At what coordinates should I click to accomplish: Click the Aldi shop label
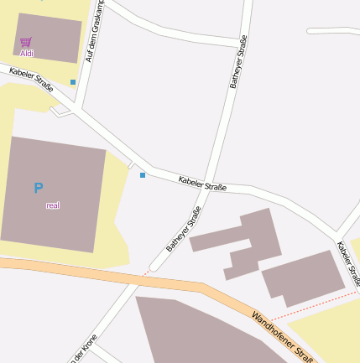(x=27, y=53)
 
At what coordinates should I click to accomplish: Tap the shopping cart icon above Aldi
(x=27, y=41)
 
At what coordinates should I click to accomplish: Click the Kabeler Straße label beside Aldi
(x=31, y=79)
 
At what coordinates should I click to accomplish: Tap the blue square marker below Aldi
(x=73, y=82)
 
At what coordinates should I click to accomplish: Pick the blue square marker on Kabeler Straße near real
(x=143, y=175)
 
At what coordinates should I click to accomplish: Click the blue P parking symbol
(x=38, y=189)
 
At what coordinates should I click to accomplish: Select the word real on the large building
(x=53, y=205)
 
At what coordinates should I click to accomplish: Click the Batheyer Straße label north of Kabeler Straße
(x=238, y=62)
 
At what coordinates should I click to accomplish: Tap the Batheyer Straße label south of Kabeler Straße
(x=184, y=229)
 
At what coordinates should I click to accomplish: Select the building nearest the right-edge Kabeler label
(x=302, y=277)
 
